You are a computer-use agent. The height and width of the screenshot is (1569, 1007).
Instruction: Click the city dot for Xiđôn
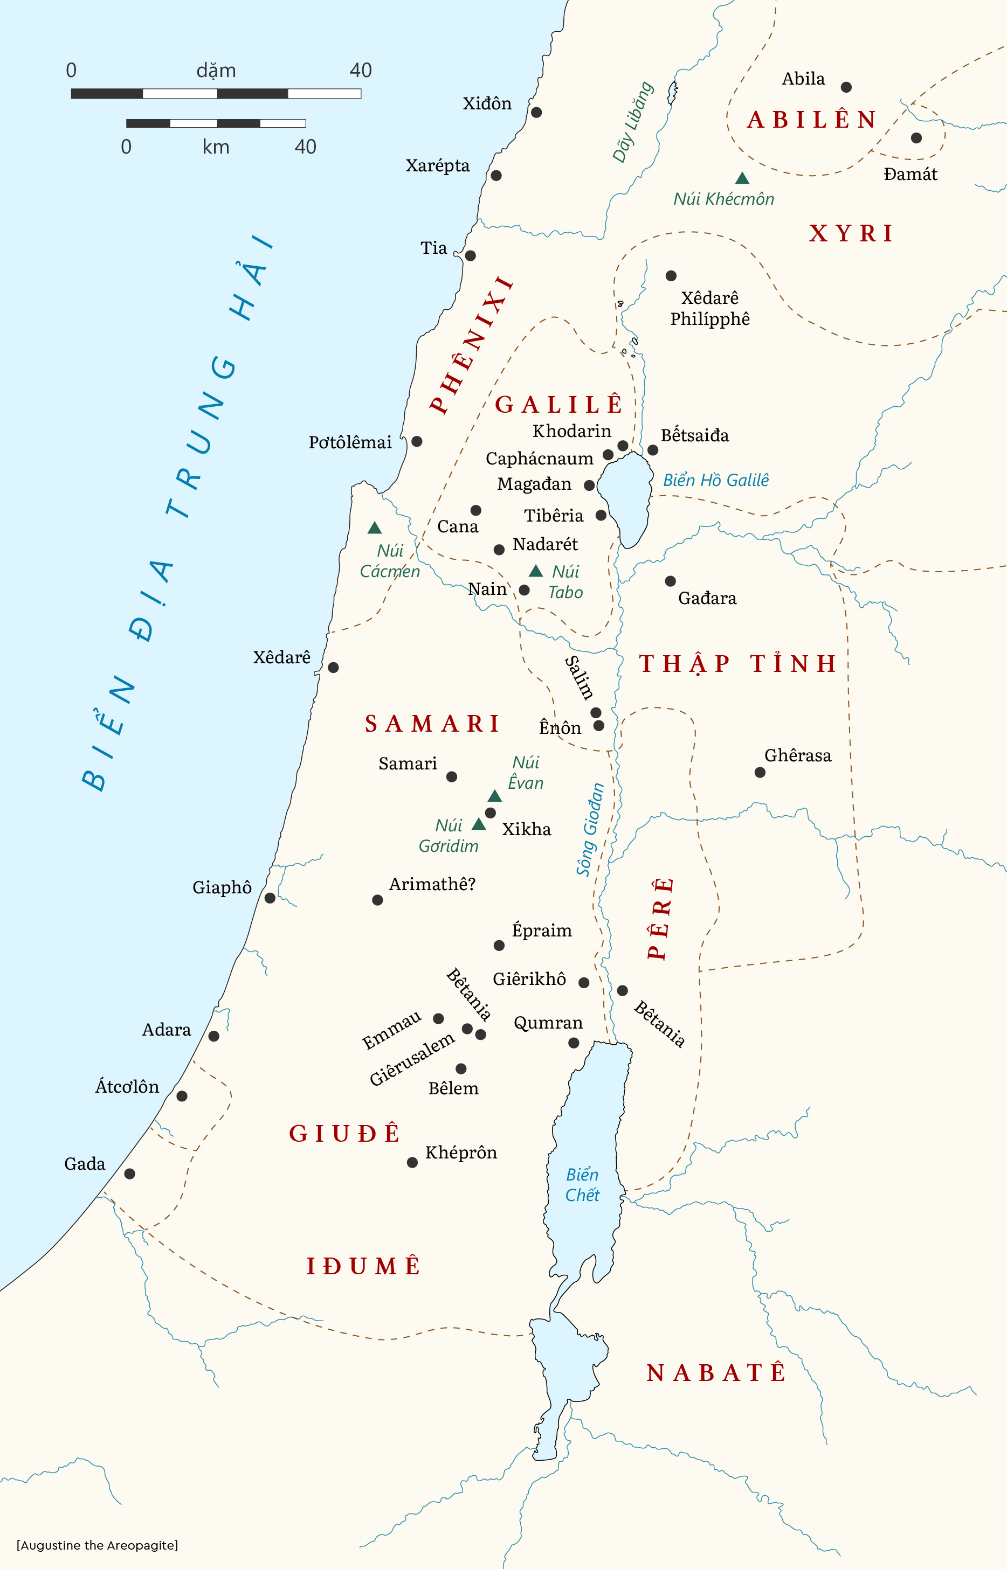536,113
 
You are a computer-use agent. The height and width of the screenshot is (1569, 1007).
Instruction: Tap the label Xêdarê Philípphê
709,308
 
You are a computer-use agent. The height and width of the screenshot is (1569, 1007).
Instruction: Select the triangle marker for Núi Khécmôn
742,178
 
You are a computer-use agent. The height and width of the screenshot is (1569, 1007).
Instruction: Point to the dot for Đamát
916,138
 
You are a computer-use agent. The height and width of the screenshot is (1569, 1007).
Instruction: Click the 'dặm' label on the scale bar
216,71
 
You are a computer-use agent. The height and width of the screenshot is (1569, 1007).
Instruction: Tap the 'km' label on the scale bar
216,147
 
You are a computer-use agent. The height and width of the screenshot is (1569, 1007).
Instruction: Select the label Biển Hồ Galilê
715,480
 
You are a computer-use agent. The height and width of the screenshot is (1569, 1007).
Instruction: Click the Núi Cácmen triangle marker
374,528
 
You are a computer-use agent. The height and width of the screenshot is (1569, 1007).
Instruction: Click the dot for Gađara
670,581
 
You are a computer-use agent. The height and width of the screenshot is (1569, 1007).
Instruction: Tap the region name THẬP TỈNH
737,664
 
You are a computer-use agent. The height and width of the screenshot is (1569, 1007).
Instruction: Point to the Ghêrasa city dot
760,773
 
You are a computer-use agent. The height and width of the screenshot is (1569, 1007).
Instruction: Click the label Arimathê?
432,884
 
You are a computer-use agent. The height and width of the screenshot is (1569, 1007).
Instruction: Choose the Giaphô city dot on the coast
270,899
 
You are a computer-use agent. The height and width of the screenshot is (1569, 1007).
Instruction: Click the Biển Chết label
582,1185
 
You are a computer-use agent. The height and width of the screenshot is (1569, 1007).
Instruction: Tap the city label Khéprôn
461,1153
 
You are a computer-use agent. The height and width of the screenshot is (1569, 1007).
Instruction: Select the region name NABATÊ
715,1373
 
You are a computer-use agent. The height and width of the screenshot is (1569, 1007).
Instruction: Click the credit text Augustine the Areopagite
97,1545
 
